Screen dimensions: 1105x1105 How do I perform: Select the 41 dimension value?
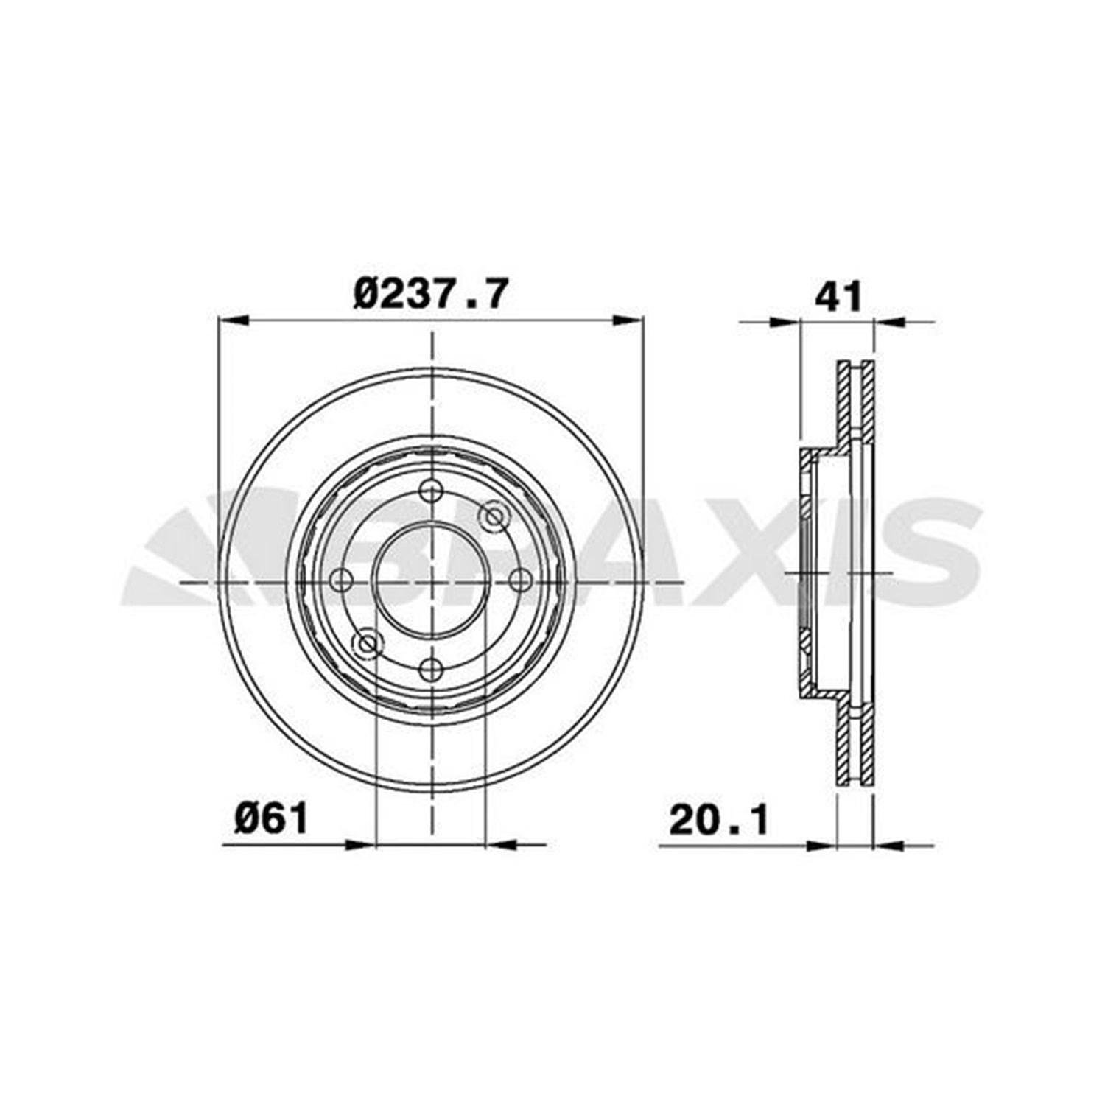838,297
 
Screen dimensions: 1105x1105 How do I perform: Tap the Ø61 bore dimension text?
271,818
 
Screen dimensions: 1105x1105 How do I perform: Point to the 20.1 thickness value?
718,819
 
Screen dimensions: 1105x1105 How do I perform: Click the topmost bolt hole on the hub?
431,491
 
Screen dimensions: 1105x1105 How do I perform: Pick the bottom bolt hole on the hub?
431,670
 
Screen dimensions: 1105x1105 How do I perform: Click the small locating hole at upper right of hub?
494,516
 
